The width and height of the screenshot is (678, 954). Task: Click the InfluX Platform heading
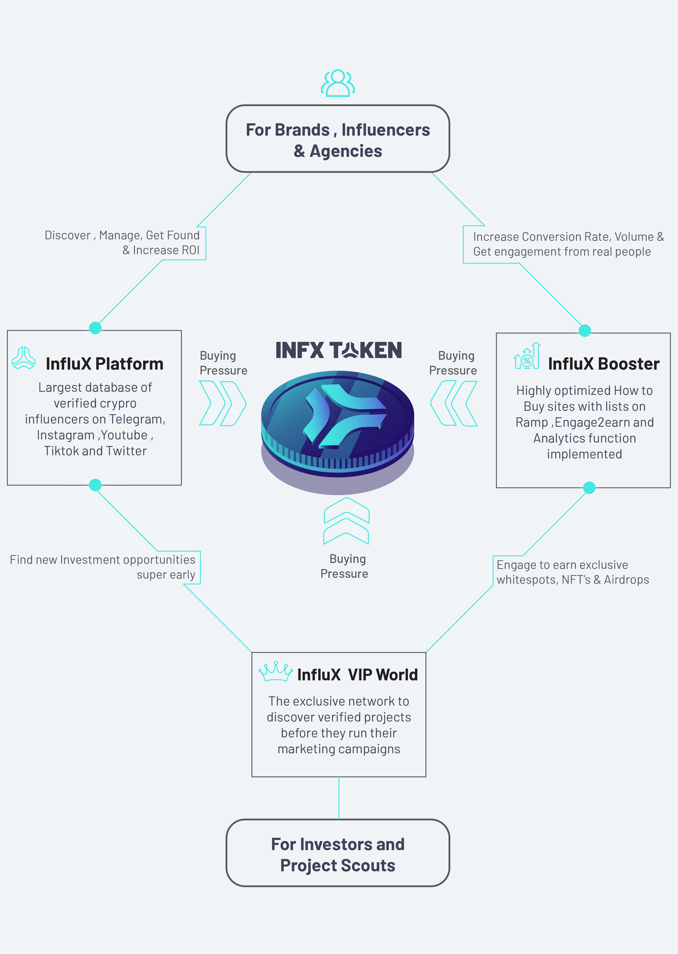point(104,364)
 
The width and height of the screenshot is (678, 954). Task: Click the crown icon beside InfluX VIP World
point(275,671)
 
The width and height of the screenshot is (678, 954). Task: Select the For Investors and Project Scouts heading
point(338,855)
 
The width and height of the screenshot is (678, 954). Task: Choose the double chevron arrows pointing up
point(346,521)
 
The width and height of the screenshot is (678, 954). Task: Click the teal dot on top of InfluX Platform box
point(95,328)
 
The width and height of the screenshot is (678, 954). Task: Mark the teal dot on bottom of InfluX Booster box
point(589,487)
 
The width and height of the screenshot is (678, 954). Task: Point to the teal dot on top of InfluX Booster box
point(585,330)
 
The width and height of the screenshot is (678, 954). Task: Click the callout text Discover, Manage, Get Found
point(122,242)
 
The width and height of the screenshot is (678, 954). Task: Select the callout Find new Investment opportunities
point(103,567)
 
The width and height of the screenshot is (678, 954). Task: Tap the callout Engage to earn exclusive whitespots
point(572,572)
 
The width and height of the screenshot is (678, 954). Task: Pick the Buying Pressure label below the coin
point(345,566)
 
